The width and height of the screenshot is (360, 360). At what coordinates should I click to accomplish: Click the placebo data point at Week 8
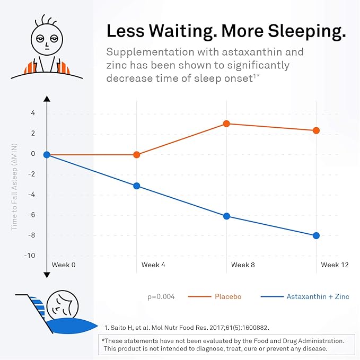[226, 124]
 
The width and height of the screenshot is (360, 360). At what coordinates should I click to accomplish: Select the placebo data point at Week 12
[317, 130]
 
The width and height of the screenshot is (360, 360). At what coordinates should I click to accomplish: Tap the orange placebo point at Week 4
[137, 155]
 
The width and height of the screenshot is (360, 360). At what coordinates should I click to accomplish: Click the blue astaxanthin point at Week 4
[137, 186]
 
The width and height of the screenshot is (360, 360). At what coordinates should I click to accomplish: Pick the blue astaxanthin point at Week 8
[226, 216]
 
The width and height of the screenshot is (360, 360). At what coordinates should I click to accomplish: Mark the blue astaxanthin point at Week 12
[317, 235]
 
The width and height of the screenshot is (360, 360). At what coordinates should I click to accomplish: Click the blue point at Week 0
[47, 155]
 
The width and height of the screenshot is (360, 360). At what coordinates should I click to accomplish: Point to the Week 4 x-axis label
[153, 265]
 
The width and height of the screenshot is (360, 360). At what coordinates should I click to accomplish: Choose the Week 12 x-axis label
[335, 265]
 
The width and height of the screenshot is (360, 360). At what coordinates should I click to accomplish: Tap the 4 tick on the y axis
[33, 113]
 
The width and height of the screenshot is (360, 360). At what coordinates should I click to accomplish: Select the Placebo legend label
[228, 296]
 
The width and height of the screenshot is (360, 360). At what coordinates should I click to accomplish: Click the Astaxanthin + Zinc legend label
[318, 296]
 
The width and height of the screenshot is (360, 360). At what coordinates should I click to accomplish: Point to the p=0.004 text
[161, 296]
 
